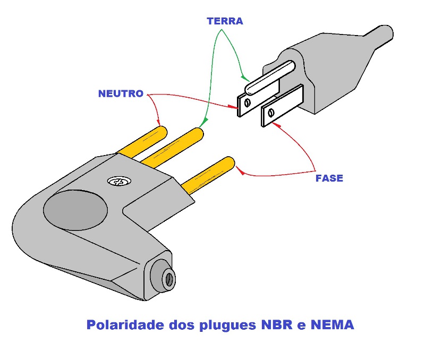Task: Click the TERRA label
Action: (x=225, y=22)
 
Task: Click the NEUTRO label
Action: (x=121, y=94)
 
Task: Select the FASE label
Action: (x=329, y=178)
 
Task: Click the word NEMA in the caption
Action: (x=333, y=324)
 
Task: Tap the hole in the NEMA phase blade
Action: (x=271, y=113)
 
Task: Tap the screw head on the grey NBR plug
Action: (x=116, y=182)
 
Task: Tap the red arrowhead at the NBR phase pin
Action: (x=239, y=172)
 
